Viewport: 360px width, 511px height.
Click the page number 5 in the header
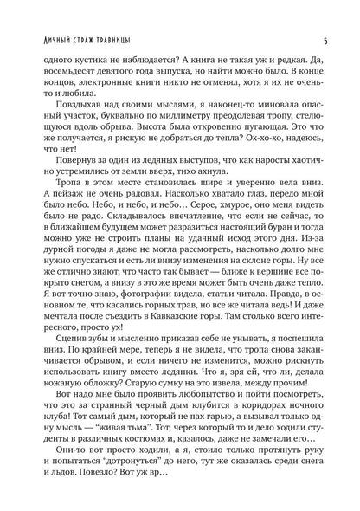pyautogui.click(x=323, y=16)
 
